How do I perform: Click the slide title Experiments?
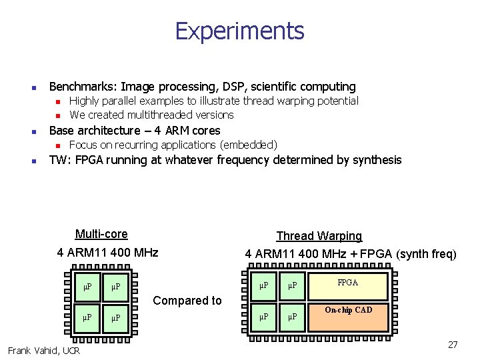(239, 31)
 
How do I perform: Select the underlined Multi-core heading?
(101, 234)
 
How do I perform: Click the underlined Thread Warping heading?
(319, 236)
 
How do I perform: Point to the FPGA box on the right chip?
(347, 283)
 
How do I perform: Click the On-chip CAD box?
(348, 310)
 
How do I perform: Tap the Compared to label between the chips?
(187, 301)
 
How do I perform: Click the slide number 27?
(453, 345)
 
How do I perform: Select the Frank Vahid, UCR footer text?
(44, 351)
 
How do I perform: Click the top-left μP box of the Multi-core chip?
(87, 287)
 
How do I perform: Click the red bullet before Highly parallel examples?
(58, 101)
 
